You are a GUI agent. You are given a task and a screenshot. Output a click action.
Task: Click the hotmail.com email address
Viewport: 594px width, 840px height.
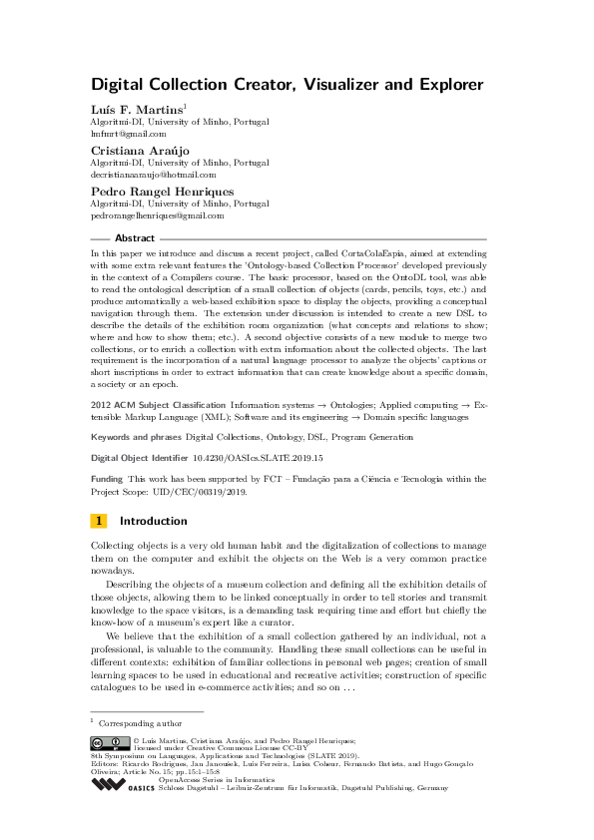tap(153, 174)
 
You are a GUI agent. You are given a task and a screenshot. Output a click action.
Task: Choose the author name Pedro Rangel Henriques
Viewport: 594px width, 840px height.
tap(163, 190)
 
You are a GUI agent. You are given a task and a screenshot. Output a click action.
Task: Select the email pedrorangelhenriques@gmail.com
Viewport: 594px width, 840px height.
tap(158, 214)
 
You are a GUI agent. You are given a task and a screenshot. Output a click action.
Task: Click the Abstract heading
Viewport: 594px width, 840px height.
tap(135, 239)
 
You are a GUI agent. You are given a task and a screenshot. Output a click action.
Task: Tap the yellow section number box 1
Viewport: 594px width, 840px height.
tap(99, 521)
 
